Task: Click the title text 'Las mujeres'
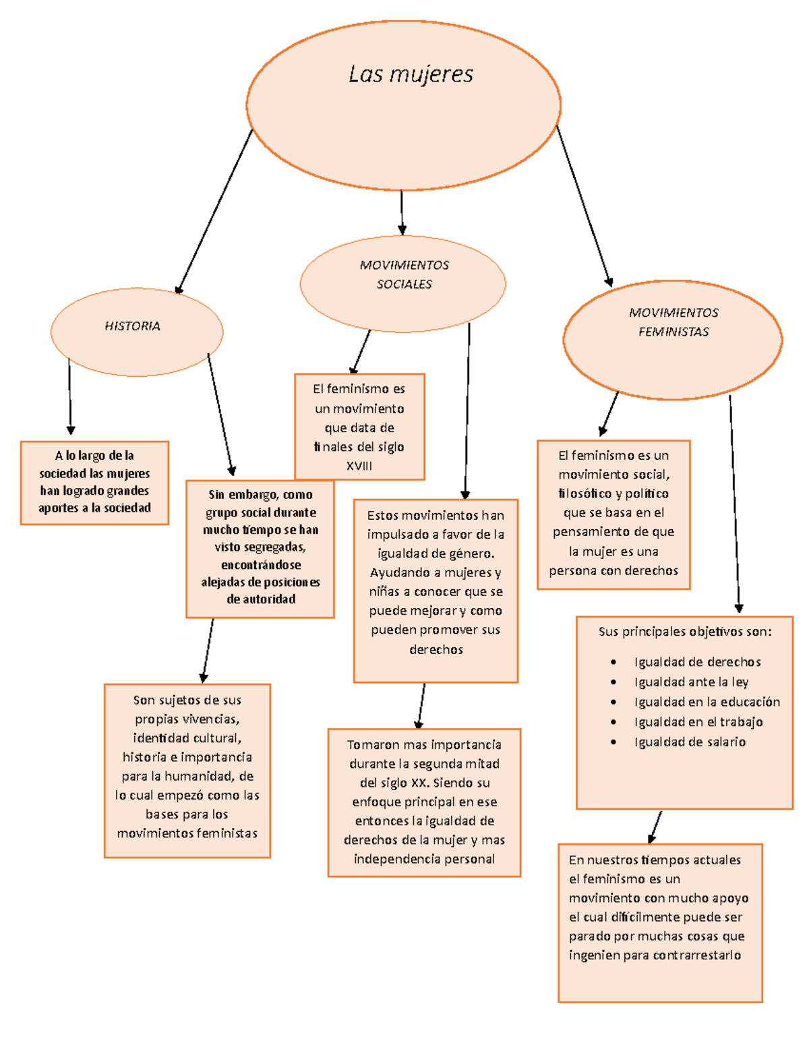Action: pos(411,74)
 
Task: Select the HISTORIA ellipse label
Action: pos(132,326)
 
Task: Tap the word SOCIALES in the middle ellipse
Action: pos(404,285)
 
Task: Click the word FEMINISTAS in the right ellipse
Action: pos(673,332)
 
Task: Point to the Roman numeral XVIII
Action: pos(359,466)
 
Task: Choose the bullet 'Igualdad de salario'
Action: pos(690,742)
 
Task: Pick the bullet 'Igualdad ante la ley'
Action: pos(691,682)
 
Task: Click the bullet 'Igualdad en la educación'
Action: pos(707,702)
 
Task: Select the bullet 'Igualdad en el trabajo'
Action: pos(698,722)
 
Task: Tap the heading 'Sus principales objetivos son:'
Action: pos(684,632)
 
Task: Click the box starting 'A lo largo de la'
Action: pos(94,482)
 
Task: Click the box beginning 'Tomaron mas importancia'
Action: pos(424,802)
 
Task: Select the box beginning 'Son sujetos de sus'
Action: pos(187,770)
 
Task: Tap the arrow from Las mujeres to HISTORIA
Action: pos(214,210)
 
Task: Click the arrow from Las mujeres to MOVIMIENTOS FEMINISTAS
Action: pos(584,206)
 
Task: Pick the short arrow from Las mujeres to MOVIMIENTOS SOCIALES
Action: pos(402,212)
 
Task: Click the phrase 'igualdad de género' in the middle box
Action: pos(435,554)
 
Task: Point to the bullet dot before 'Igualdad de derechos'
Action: pos(613,662)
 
